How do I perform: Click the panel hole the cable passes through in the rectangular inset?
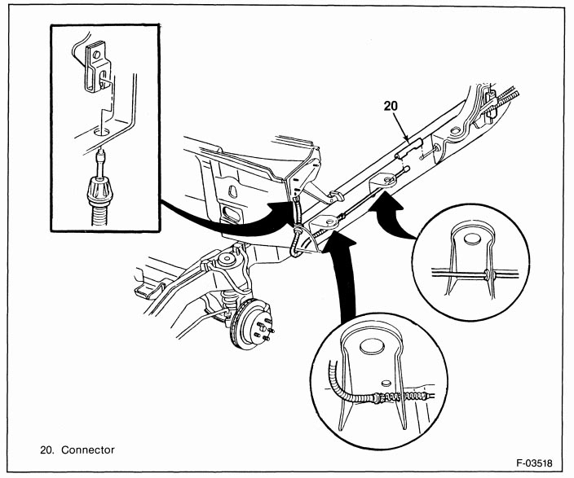click(x=101, y=129)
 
